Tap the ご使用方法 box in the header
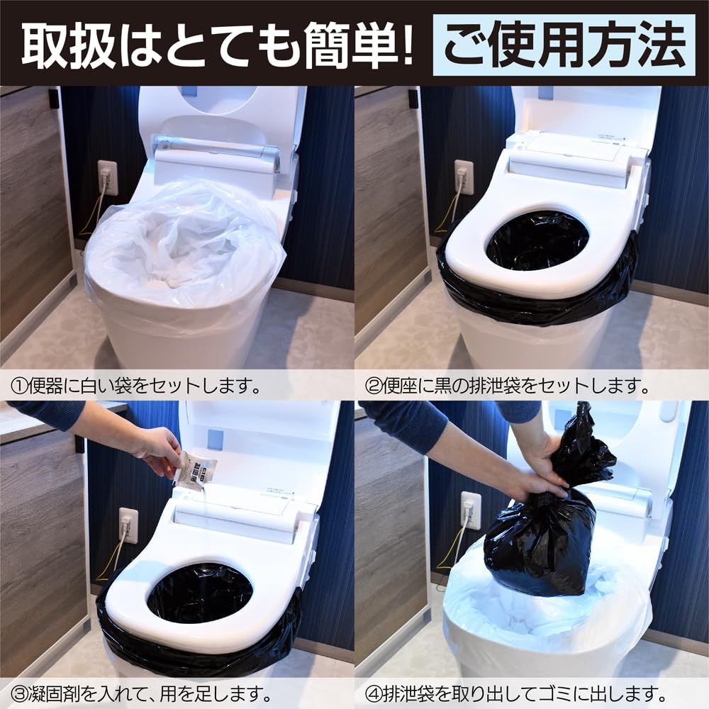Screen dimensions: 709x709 click(564, 45)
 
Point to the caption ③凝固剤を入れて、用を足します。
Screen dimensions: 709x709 click(142, 692)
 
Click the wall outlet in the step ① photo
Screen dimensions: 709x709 click(107, 177)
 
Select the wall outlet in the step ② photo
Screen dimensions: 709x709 click(464, 177)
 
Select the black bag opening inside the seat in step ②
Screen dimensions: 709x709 click(537, 240)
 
